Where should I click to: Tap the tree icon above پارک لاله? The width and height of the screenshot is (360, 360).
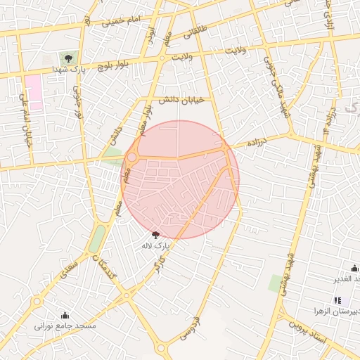(155, 235)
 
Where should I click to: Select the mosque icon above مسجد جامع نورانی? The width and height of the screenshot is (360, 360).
(65, 315)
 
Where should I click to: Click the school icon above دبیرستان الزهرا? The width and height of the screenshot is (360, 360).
(347, 300)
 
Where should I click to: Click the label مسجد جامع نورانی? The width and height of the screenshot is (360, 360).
(65, 326)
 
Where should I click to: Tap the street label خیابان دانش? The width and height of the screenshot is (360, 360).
(181, 101)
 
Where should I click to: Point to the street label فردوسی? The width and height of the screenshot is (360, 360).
(191, 328)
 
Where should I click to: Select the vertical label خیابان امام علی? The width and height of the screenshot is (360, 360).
(28, 124)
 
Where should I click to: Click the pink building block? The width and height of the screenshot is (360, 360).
(33, 91)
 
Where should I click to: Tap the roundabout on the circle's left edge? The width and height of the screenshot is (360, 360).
(131, 157)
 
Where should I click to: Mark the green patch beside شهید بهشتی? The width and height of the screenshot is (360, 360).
(276, 283)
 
